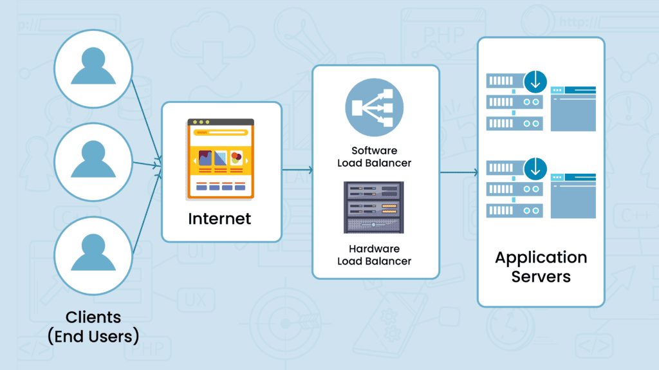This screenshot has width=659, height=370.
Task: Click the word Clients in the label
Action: coord(93,317)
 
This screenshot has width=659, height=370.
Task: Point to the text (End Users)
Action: coord(93,336)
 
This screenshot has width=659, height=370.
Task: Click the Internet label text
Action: coord(219,219)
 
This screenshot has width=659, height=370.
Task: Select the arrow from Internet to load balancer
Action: coord(297,171)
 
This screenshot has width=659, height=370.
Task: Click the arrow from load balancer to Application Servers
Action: coord(458,172)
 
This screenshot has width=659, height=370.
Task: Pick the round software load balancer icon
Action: coord(374,107)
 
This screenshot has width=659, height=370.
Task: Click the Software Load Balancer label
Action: coord(374,157)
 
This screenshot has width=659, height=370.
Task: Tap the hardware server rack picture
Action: coord(374,207)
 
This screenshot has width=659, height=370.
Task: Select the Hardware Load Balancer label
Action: coord(374,255)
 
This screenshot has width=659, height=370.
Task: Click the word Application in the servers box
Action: coord(541,258)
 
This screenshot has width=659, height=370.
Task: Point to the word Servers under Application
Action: coord(541,277)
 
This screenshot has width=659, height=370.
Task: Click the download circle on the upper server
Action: coord(535,82)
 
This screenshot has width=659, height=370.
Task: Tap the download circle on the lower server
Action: coord(535,169)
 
